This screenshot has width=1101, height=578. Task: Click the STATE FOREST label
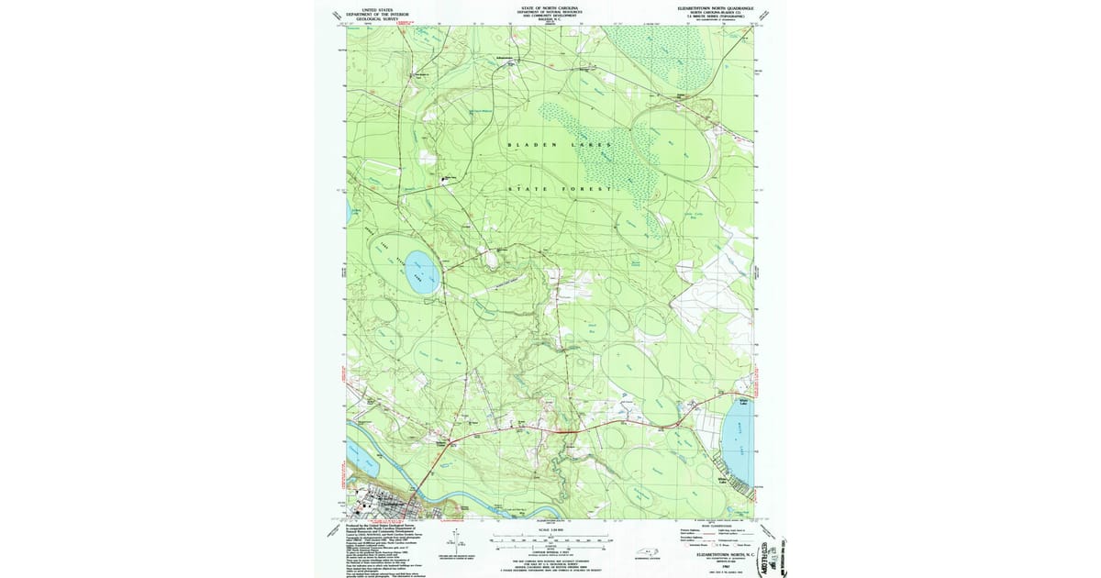[x=560, y=189]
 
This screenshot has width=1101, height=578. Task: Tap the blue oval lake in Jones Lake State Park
[x=421, y=272]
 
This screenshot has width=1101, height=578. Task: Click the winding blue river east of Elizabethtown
[x=486, y=509]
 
